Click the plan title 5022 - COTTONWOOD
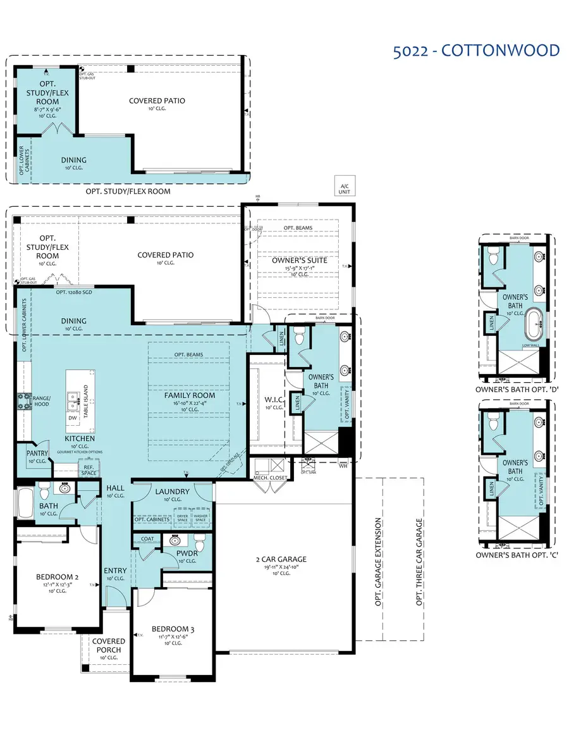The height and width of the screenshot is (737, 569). click(475, 51)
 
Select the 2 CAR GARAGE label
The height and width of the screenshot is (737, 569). click(281, 559)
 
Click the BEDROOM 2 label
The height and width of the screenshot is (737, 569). click(57, 577)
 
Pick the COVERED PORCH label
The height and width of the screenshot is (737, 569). click(109, 645)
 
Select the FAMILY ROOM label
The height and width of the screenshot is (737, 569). click(190, 395)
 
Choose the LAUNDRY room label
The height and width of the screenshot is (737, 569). click(172, 492)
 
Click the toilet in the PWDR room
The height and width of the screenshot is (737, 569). click(199, 543)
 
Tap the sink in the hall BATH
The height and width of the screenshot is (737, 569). click(65, 488)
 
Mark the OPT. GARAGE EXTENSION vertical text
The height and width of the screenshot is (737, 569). click(378, 562)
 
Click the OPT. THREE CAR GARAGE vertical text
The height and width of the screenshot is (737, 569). click(419, 562)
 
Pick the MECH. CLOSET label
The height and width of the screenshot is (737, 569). click(271, 478)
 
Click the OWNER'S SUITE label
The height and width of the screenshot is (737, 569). click(296, 260)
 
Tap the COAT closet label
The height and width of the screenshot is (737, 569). click(147, 539)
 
